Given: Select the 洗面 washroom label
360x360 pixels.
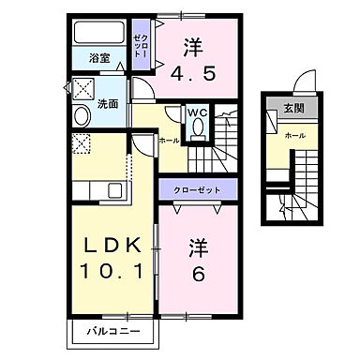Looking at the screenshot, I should (x=107, y=104).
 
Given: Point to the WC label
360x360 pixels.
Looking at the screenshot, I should (x=198, y=113).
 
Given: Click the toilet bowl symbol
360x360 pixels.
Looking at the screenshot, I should (x=197, y=132).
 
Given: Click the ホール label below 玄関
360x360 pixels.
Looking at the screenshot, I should (x=293, y=136).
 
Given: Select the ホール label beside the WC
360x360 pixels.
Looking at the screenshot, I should (x=169, y=141).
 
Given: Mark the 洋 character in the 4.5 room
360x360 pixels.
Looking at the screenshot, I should (x=192, y=44).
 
